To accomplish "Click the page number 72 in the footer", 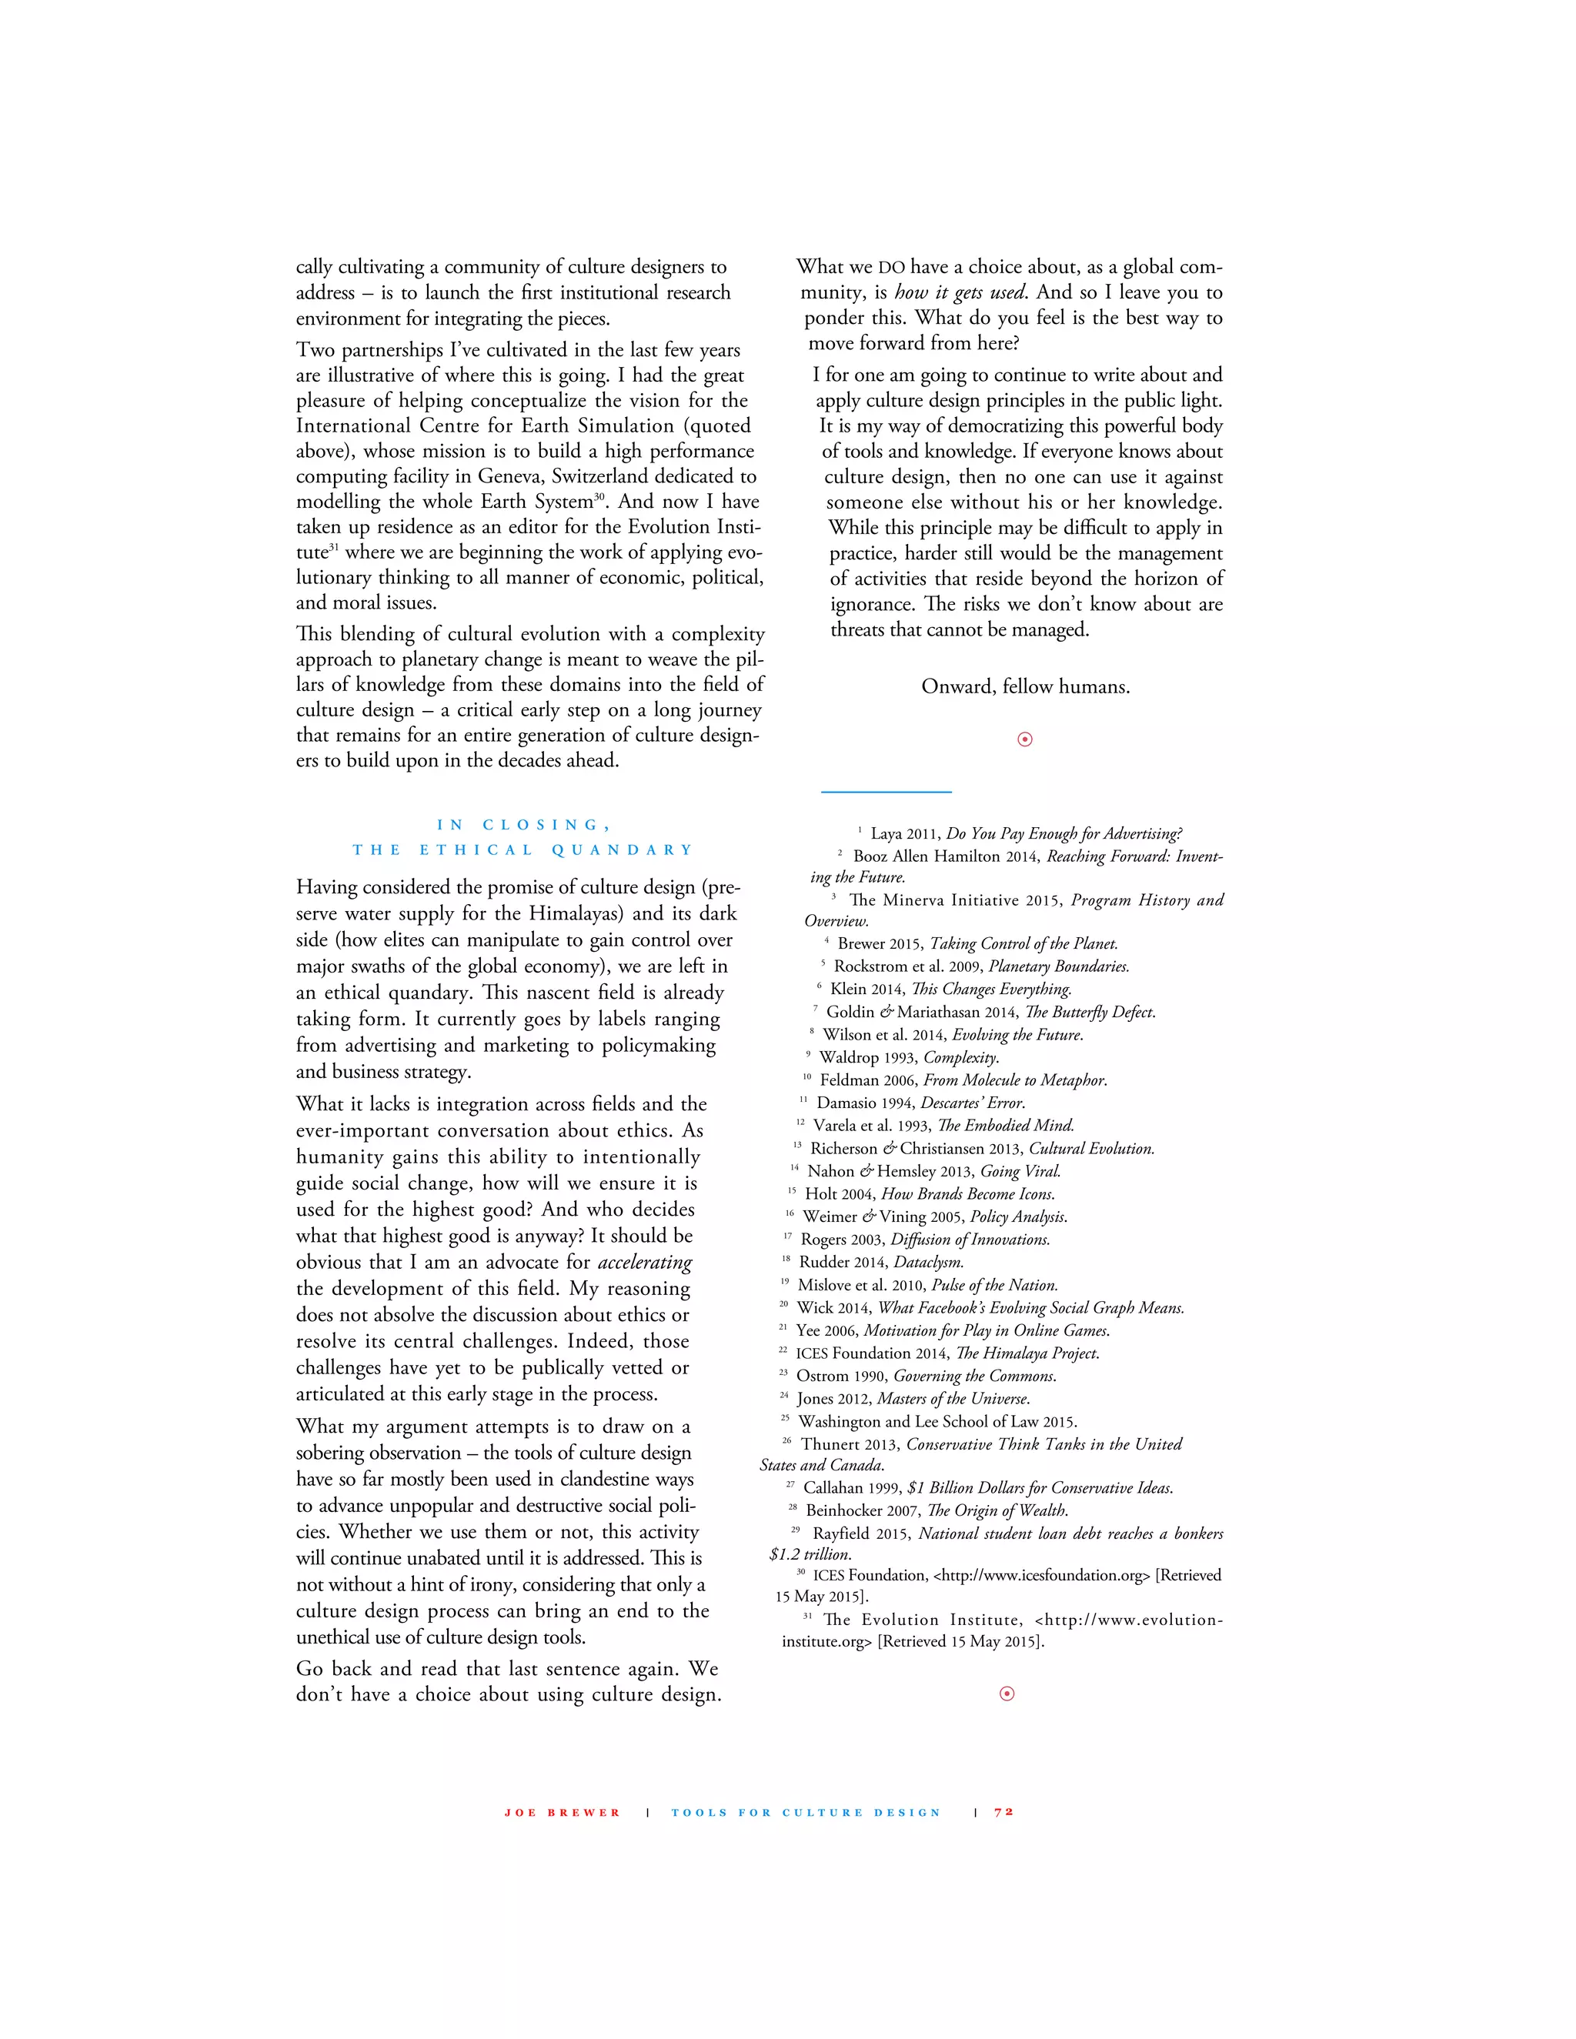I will click(1003, 1812).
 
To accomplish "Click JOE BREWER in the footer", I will click(562, 1813).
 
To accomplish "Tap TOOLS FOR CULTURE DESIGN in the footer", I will click(806, 1813).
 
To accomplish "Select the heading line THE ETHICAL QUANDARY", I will click(523, 849).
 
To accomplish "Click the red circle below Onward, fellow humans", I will click(1024, 739).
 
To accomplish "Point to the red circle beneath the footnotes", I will click(1007, 1694).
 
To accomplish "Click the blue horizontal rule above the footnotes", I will click(886, 792).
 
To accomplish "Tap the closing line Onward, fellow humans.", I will click(1025, 687).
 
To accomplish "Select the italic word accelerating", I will click(644, 1262).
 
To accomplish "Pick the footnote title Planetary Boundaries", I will click(1059, 966).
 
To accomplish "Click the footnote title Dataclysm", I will click(928, 1262).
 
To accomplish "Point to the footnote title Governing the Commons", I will click(975, 1377).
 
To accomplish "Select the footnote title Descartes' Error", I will click(972, 1103).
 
